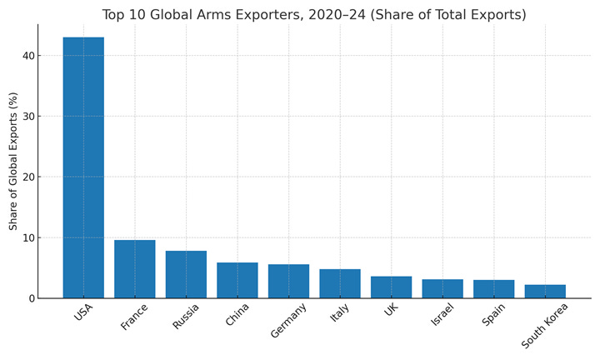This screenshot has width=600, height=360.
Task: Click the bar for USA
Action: (83, 167)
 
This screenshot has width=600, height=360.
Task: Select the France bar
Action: (135, 269)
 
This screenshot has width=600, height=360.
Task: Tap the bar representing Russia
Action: (186, 274)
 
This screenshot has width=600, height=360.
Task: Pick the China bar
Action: (237, 280)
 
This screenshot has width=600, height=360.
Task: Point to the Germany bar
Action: (288, 281)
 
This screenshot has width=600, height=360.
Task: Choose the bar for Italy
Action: (340, 283)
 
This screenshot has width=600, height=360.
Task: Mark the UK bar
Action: (391, 287)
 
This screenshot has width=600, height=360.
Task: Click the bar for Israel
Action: (442, 288)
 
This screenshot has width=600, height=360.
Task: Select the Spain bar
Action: (493, 289)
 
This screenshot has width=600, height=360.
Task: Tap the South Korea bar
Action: (545, 291)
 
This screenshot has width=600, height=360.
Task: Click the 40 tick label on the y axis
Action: (28, 56)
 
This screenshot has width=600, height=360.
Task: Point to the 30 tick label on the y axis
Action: (28, 117)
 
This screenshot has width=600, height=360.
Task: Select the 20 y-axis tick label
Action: (28, 177)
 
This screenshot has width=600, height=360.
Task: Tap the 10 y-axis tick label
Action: (28, 237)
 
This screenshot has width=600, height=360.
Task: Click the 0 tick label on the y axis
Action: (32, 298)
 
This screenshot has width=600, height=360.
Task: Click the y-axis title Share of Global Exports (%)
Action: (13, 161)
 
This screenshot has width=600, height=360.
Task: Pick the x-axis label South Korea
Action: (544, 326)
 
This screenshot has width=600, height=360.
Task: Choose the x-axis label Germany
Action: (288, 321)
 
